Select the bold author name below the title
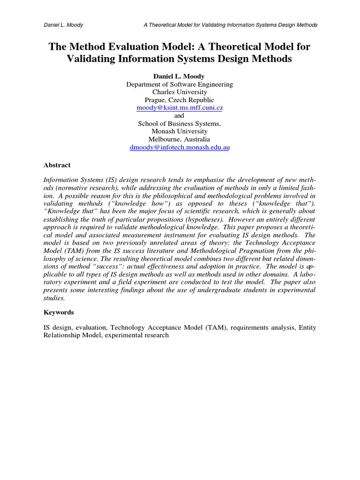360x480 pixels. [180, 76]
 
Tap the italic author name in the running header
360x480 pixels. [63, 25]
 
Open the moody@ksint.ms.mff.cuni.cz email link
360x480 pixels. [180, 108]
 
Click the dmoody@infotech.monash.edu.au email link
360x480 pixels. [180, 147]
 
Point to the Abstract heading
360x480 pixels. [57, 165]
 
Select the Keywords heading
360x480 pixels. [59, 312]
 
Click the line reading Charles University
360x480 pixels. [180, 92]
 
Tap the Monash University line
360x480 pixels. [180, 131]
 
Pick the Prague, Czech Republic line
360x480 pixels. [180, 100]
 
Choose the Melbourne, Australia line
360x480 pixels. [180, 139]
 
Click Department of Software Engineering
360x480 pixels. [180, 84]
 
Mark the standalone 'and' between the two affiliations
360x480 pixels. [180, 116]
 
